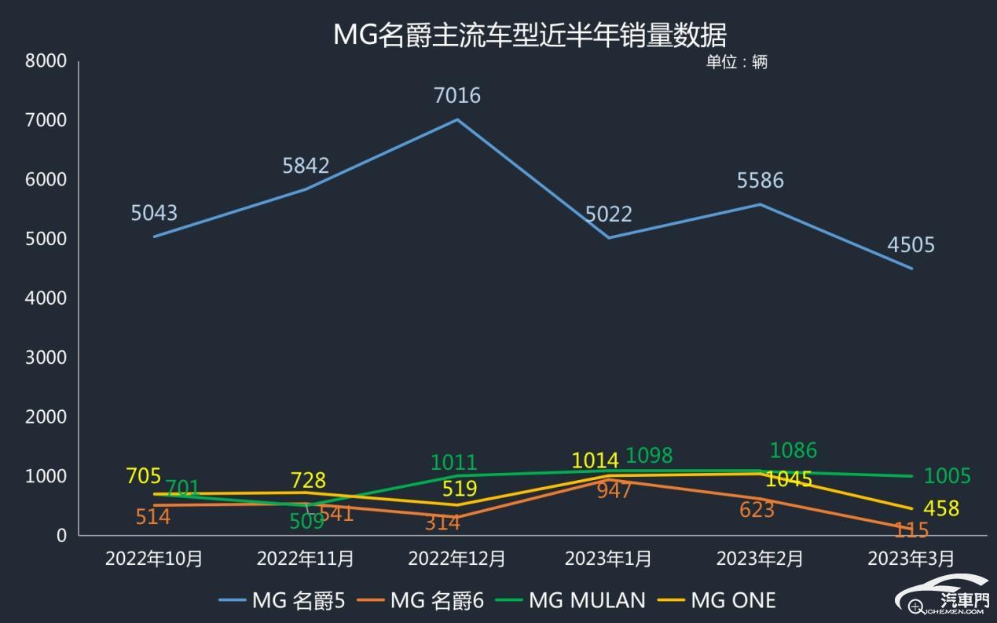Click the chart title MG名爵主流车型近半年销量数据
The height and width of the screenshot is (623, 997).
[x=530, y=35]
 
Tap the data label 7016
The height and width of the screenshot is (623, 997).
[x=456, y=96]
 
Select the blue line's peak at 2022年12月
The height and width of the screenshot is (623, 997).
[x=457, y=119]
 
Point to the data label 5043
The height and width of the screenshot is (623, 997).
[x=154, y=213]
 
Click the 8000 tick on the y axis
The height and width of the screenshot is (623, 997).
[x=46, y=60]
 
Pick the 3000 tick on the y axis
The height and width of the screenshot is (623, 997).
[x=46, y=357]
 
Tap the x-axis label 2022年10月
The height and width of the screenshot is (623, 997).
[x=154, y=559]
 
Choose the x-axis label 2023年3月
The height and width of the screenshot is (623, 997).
[x=911, y=559]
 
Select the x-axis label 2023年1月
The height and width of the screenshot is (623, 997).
[x=608, y=559]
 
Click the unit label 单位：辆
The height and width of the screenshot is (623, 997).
[x=736, y=62]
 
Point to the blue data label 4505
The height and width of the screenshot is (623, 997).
[x=911, y=245]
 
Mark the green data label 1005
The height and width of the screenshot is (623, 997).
[x=947, y=476]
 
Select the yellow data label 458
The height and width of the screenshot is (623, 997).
[x=940, y=508]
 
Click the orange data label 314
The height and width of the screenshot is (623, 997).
[x=442, y=523]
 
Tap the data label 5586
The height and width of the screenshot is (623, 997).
[x=760, y=181]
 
